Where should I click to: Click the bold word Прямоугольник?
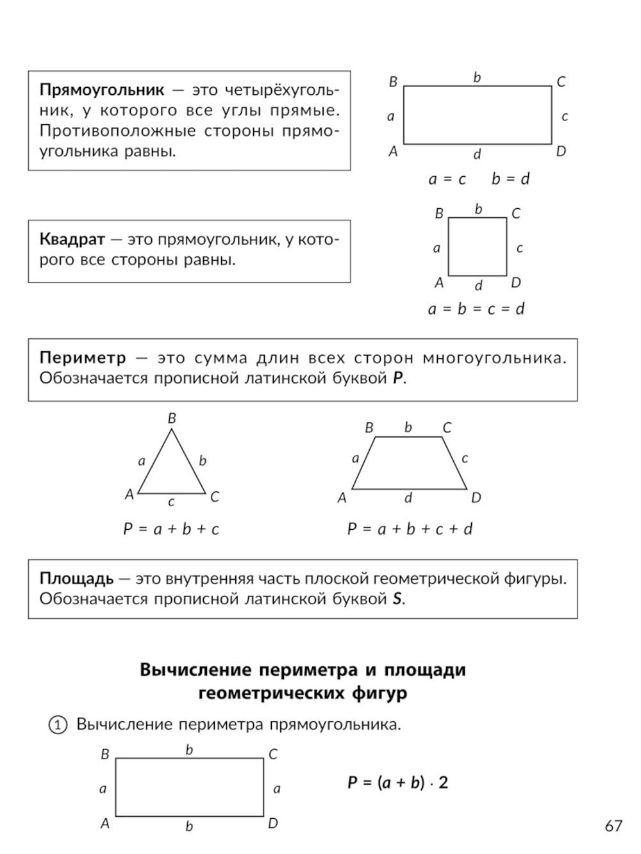(x=102, y=89)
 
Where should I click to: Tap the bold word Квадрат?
(x=72, y=240)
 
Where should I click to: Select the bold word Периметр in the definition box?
(x=83, y=357)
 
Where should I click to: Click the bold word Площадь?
(x=76, y=579)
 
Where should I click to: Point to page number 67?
(x=613, y=826)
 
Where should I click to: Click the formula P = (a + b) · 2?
(x=397, y=782)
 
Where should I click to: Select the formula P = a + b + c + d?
(x=410, y=529)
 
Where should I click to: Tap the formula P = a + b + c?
(x=171, y=529)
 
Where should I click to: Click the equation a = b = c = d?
(x=476, y=309)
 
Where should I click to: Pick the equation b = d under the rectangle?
(x=510, y=179)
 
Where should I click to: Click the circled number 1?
(x=58, y=725)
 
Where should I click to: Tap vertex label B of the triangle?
(x=172, y=418)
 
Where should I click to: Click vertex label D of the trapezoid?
(x=476, y=498)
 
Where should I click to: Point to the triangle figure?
(x=172, y=468)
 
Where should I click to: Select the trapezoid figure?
(x=409, y=464)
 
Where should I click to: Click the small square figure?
(x=478, y=247)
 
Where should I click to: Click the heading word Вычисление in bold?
(x=196, y=670)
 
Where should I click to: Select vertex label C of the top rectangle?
(x=561, y=82)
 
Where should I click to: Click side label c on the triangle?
(x=171, y=502)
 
